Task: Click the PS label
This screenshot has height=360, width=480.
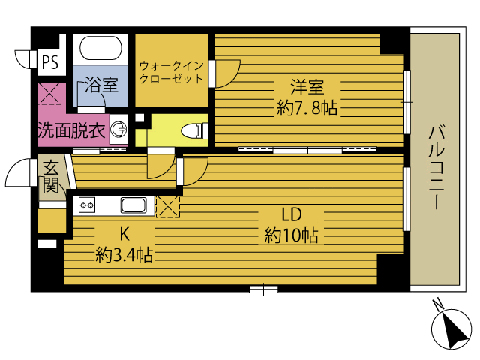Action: coord(50,62)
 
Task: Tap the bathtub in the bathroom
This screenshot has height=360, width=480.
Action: coord(100,48)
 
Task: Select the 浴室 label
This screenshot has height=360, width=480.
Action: coord(101,85)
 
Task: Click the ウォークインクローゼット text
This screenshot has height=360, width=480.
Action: coord(172,72)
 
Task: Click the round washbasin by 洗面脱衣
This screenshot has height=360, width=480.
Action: coord(118,130)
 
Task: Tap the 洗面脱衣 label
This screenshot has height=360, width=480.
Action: coord(72,130)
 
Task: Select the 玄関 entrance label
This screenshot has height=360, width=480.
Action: coord(50,177)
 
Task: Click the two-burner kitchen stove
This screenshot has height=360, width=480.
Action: coord(87,205)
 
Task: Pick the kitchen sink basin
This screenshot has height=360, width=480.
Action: coord(133,205)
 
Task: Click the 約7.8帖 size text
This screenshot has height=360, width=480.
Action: coord(307,108)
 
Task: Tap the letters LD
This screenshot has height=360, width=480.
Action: coord(292,214)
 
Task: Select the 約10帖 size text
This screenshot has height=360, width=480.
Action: coord(291,235)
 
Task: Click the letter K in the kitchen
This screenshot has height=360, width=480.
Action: coord(124,234)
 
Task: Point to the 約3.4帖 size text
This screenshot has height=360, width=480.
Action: coord(124,255)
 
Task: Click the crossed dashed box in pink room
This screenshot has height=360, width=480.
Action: coord(49,93)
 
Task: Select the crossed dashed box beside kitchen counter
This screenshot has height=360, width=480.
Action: coord(168,207)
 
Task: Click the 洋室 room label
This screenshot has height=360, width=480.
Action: coord(307,87)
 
